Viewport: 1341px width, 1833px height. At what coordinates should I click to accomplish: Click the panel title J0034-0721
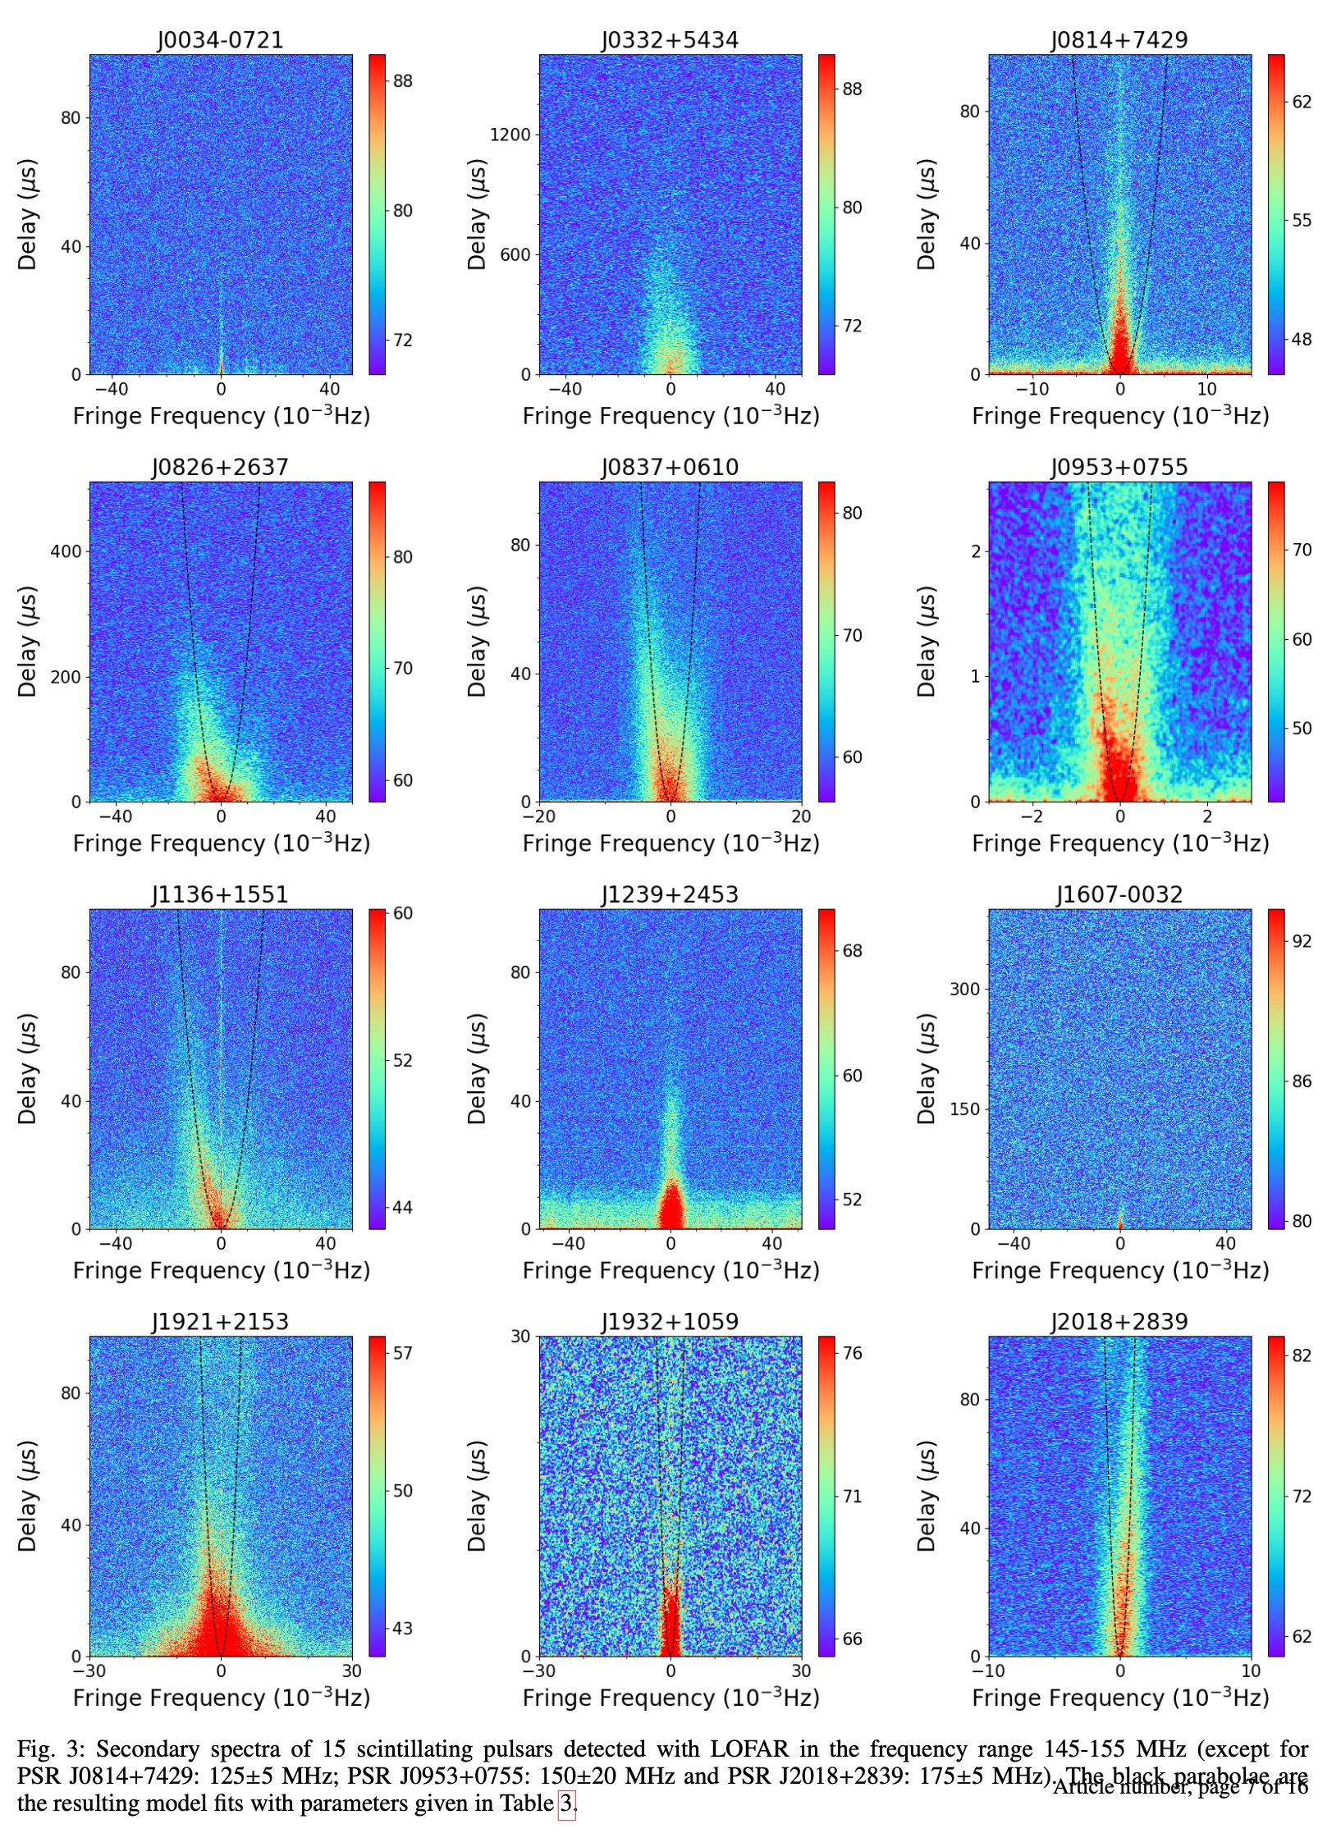(220, 40)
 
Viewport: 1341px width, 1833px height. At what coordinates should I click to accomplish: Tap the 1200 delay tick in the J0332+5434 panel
(510, 135)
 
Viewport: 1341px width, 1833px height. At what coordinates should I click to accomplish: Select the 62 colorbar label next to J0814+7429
(1302, 102)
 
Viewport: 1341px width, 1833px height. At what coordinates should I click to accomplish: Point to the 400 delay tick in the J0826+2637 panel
(66, 551)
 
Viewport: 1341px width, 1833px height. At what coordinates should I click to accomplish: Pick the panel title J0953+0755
(1119, 468)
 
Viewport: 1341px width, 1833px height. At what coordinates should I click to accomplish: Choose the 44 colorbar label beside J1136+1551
(402, 1207)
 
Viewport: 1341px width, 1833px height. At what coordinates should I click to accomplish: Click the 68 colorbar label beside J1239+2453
(852, 951)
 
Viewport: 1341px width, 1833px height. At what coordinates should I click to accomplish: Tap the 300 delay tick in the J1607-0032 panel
(965, 989)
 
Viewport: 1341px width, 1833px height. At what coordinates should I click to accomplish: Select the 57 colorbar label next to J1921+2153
(402, 1352)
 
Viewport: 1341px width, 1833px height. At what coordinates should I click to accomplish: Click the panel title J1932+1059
(670, 1322)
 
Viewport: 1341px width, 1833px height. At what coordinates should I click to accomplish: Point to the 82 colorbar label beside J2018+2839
(1302, 1355)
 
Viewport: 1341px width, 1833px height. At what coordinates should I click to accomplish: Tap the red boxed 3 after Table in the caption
(566, 1803)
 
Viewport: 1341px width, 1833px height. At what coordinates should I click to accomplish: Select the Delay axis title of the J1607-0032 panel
(927, 1068)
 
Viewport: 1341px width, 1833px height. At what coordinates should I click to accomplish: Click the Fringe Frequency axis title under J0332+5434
(670, 416)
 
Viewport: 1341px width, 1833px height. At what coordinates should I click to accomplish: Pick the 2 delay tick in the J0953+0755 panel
(976, 551)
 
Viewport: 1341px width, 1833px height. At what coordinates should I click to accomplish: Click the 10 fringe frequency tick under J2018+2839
(1250, 1671)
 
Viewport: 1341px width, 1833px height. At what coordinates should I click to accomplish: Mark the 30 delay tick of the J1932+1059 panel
(520, 1336)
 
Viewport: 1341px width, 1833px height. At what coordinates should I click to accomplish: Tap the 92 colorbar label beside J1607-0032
(1302, 941)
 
